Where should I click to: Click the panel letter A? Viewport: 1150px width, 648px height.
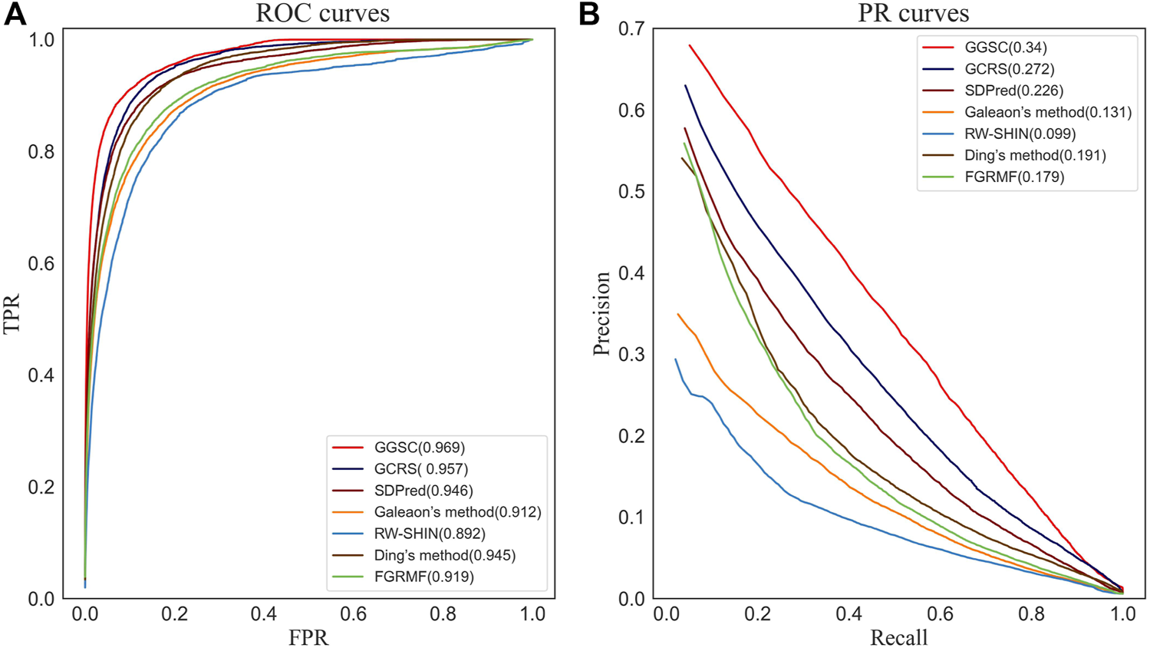click(15, 14)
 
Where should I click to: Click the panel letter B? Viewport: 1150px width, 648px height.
click(589, 14)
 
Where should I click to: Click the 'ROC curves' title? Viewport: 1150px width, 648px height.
click(322, 13)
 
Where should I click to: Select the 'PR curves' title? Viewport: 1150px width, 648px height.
click(913, 13)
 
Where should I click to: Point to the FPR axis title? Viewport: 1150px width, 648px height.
click(308, 637)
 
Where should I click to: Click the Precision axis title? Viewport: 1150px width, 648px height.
click(601, 313)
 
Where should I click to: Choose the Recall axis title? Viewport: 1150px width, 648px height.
click(898, 637)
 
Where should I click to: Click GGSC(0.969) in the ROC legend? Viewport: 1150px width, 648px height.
click(419, 448)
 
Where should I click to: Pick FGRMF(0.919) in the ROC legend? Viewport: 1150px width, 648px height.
click(423, 577)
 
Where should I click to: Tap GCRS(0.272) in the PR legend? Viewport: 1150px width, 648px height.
click(1009, 69)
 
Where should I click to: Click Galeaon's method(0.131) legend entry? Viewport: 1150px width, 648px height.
click(1047, 112)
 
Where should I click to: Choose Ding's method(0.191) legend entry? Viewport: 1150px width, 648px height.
click(1035, 155)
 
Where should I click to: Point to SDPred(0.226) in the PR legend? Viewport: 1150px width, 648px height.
click(1013, 91)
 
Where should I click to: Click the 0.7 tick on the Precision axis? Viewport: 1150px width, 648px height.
click(631, 29)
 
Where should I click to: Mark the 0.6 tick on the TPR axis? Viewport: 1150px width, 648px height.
click(41, 263)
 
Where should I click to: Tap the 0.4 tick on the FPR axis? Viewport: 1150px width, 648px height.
click(264, 614)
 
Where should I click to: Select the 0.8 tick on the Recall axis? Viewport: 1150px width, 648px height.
click(1032, 614)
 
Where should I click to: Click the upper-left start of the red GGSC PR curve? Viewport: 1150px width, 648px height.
click(690, 45)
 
